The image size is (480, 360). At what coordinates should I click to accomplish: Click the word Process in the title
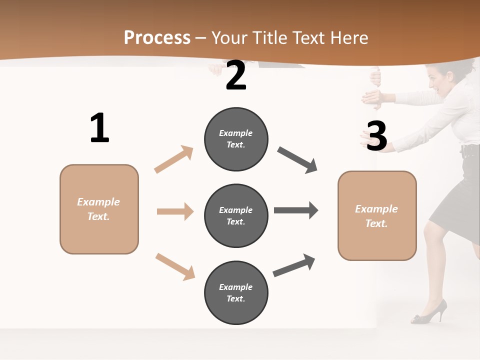tap(157, 38)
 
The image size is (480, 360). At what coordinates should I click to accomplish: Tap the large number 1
tap(99, 128)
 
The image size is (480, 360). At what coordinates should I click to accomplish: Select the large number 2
tap(235, 75)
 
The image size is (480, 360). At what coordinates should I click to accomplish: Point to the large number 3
tap(376, 136)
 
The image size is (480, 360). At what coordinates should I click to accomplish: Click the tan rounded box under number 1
tap(99, 209)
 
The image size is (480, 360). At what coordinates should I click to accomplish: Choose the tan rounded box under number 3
tap(377, 215)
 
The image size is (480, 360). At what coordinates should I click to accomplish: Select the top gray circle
tap(236, 139)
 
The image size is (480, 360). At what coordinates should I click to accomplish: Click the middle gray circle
tap(236, 215)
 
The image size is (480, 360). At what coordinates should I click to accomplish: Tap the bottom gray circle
tap(236, 292)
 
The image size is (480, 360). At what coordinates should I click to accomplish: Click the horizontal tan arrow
tap(175, 211)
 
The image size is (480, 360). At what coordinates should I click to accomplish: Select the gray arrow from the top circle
tap(297, 160)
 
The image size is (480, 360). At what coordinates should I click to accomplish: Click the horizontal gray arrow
tap(295, 210)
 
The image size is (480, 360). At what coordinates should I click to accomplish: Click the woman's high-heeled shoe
tap(430, 312)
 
